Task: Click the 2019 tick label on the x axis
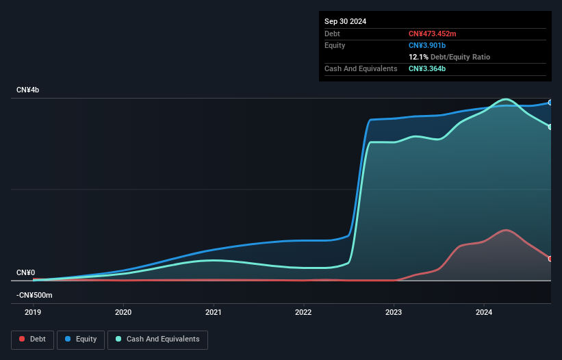(33, 313)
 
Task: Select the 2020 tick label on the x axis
(123, 313)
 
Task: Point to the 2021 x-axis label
(214, 313)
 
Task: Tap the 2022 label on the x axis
(303, 313)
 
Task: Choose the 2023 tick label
(394, 313)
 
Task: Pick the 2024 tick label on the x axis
(484, 313)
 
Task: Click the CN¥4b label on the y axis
(27, 90)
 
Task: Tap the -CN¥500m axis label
(34, 295)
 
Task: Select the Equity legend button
(81, 339)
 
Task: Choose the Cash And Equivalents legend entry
(157, 339)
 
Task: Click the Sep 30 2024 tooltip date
(345, 21)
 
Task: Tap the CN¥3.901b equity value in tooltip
(428, 45)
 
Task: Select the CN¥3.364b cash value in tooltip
(428, 68)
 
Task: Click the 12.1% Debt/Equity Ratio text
(449, 57)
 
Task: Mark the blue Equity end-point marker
(550, 103)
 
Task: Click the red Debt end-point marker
(550, 259)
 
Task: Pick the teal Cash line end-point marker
(550, 127)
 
